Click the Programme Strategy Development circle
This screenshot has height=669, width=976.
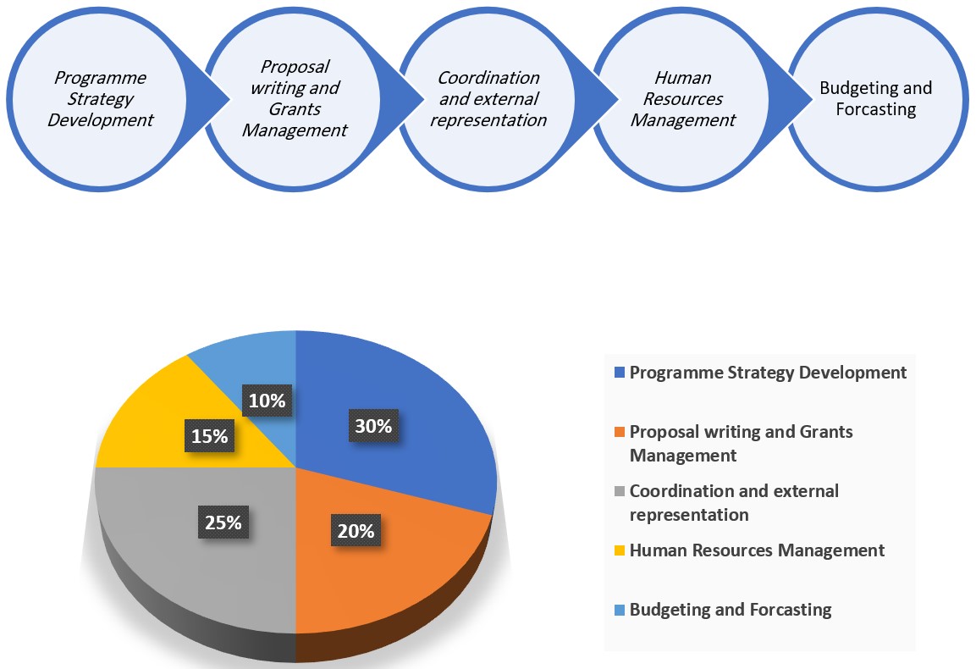point(100,98)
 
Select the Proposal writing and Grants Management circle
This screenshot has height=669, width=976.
point(294,98)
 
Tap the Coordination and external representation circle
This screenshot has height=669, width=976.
point(488,98)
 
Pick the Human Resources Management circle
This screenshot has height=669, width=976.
point(682,98)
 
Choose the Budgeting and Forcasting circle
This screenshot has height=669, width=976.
point(875,98)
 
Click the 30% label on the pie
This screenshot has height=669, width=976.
point(373,427)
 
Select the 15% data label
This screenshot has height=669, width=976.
point(209,436)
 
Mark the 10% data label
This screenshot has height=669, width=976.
point(267,401)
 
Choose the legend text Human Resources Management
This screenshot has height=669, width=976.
point(757,550)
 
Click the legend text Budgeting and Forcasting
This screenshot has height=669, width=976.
point(731,610)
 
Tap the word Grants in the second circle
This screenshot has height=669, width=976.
point(294,109)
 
